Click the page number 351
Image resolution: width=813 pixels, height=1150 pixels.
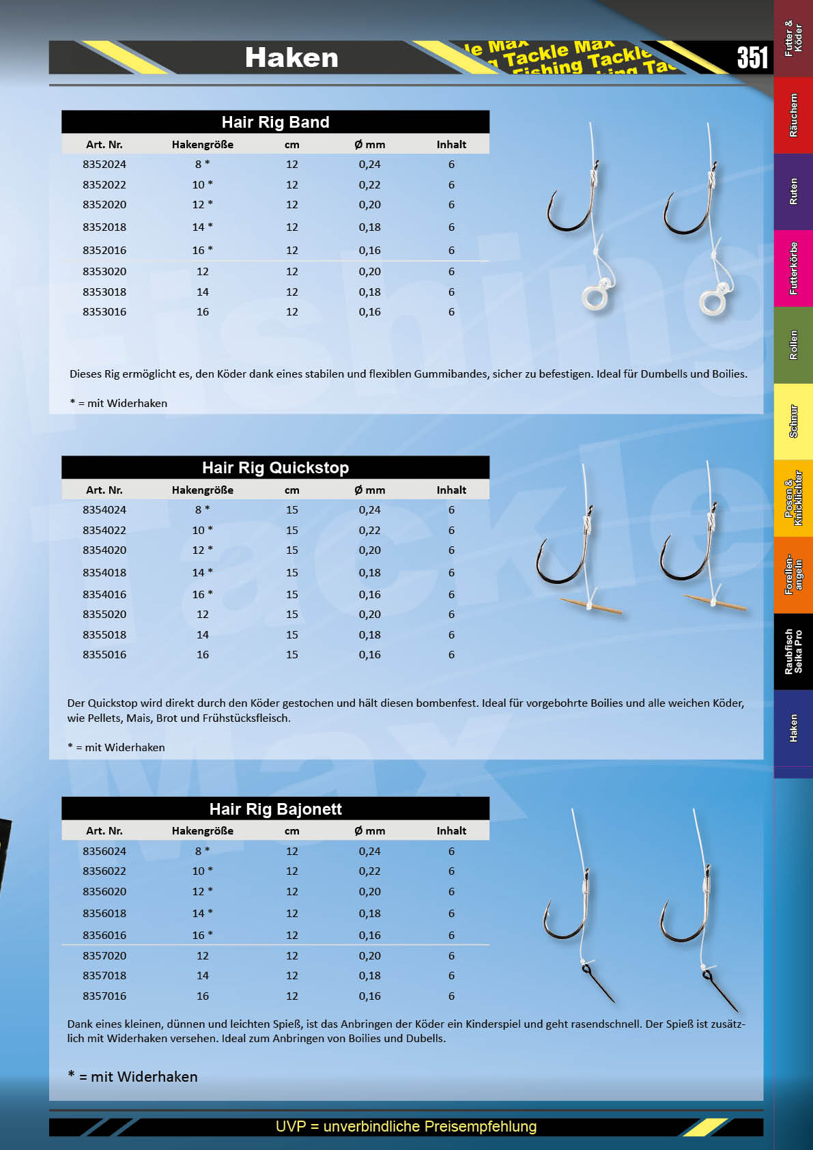click(752, 57)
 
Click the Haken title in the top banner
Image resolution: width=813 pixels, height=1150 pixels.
click(291, 58)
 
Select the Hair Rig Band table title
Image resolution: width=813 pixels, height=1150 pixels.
click(275, 122)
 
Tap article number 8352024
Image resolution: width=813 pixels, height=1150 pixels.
click(104, 165)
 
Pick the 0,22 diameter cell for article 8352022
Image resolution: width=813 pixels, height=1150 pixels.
click(369, 185)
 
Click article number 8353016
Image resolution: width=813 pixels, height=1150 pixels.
click(104, 312)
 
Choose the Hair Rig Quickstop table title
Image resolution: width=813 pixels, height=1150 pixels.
click(275, 468)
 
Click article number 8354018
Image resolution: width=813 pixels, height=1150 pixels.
click(104, 573)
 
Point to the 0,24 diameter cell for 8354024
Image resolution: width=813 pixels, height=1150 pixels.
click(369, 510)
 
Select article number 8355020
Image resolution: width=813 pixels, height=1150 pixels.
click(104, 615)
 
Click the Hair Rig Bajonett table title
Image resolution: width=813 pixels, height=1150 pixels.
click(275, 809)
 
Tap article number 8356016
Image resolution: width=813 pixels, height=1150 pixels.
click(104, 936)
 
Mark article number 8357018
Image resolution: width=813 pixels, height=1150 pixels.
click(104, 976)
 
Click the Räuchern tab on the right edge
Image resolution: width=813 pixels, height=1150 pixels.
click(793, 115)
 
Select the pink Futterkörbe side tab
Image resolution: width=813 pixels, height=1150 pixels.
click(793, 268)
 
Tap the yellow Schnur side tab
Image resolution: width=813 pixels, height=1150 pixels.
click(793, 421)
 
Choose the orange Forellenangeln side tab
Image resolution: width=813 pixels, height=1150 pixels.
click(793, 574)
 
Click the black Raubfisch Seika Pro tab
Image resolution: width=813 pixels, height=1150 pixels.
click(793, 651)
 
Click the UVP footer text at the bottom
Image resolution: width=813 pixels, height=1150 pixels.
click(406, 1126)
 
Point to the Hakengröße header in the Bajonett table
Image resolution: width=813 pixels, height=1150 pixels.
click(203, 831)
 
